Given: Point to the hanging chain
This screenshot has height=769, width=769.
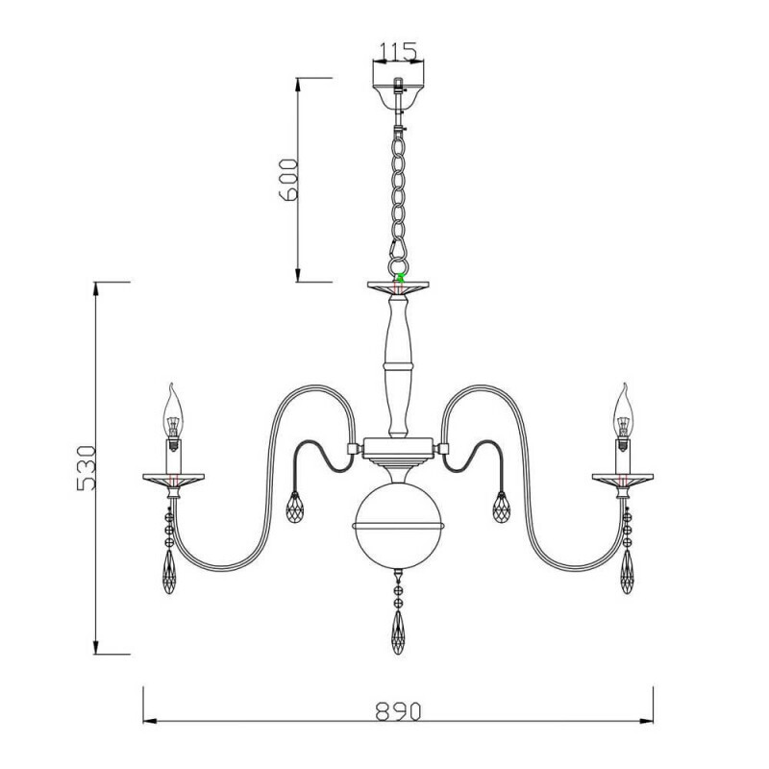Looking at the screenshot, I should tap(397, 192).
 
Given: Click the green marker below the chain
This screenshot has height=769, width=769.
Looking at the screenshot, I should tap(398, 277).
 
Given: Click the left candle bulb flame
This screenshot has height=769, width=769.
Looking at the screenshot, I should tap(173, 409).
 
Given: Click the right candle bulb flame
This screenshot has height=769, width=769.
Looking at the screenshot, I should tap(622, 409).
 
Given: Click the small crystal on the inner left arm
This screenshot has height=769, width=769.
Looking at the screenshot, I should tap(295, 507).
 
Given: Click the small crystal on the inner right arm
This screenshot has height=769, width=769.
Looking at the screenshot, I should tap(502, 507).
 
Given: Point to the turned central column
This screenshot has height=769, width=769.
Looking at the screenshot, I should tap(397, 365).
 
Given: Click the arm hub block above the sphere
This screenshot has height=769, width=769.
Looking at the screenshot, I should tap(397, 447).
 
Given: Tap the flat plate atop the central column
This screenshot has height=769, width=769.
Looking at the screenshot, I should tap(397, 286).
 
